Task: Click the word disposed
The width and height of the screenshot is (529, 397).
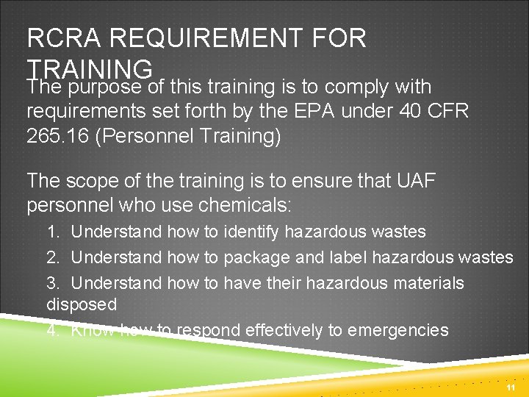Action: (82, 304)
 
